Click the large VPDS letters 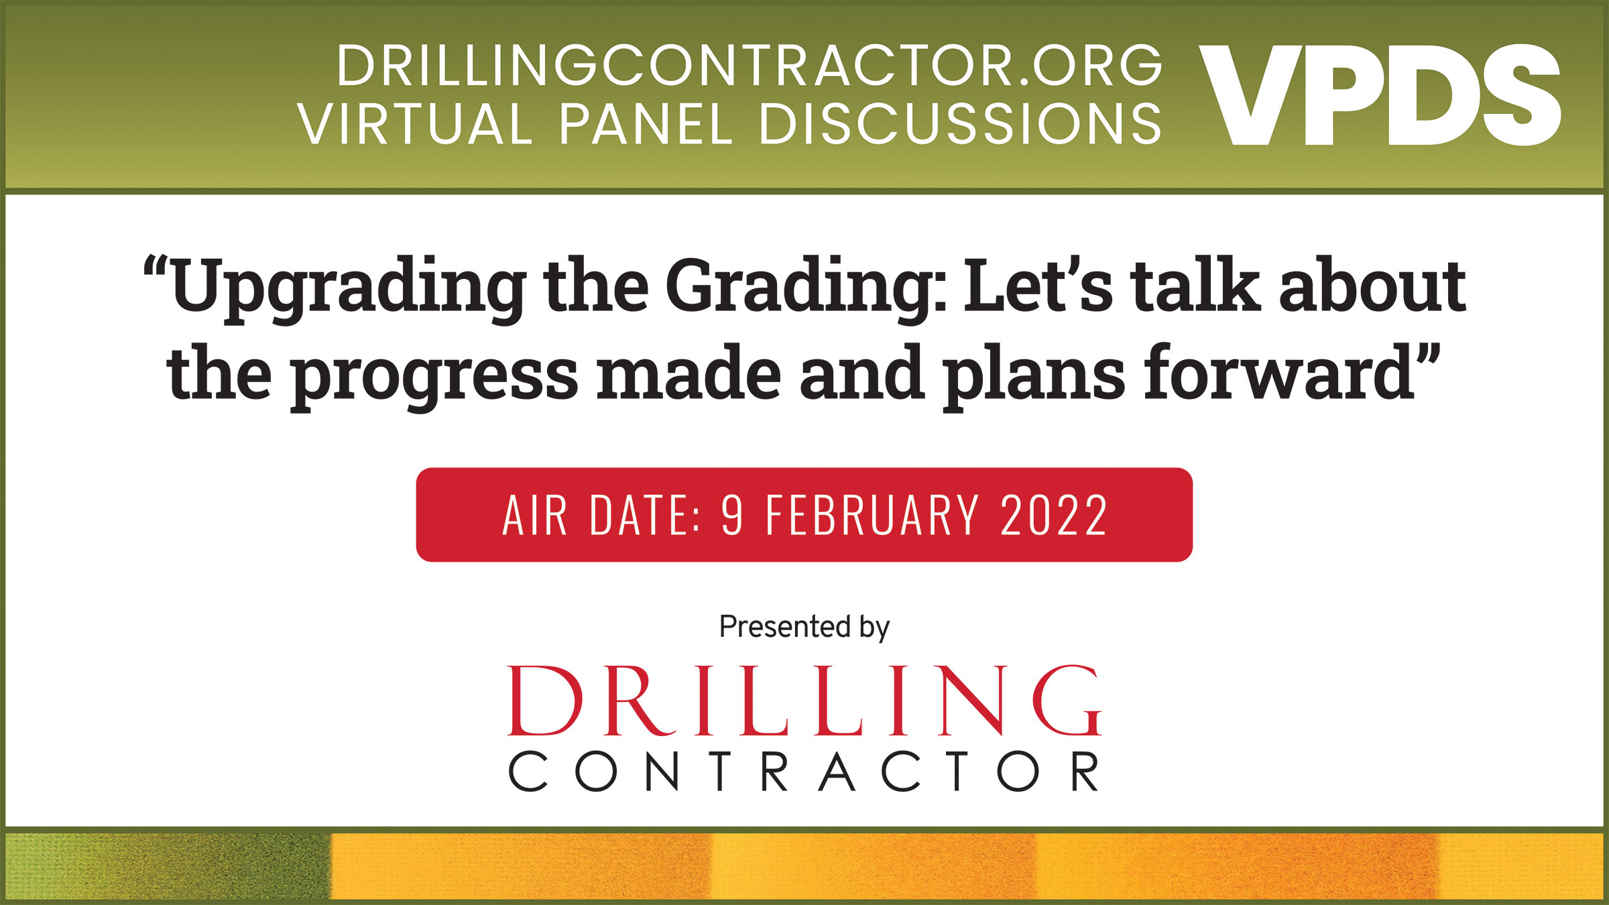pyautogui.click(x=1380, y=95)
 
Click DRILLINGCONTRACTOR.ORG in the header pyautogui.click(x=750, y=66)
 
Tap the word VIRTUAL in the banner pyautogui.click(x=415, y=124)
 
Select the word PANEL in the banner pyautogui.click(x=646, y=124)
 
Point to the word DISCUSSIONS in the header pyautogui.click(x=960, y=124)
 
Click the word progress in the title pyautogui.click(x=434, y=375)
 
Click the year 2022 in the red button pyautogui.click(x=1053, y=515)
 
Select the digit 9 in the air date pyautogui.click(x=732, y=515)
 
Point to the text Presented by pyautogui.click(x=804, y=627)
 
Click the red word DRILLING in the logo pyautogui.click(x=804, y=701)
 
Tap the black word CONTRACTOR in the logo pyautogui.click(x=804, y=772)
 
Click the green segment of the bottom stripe pyautogui.click(x=168, y=866)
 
